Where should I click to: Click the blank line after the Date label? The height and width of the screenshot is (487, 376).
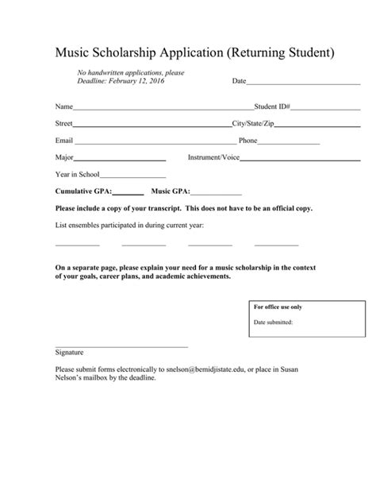[x=304, y=83]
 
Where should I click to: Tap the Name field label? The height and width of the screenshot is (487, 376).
[x=63, y=106]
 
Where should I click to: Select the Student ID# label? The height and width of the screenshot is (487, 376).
[x=272, y=106]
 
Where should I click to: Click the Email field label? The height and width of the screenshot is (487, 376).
[x=63, y=141]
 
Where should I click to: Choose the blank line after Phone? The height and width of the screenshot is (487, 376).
[x=290, y=142]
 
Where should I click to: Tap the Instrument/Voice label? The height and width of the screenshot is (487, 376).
[x=213, y=157]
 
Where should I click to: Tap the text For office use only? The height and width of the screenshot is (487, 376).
[x=278, y=307]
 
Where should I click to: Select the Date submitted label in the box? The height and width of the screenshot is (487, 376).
[x=273, y=323]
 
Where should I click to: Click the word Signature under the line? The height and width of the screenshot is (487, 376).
[x=69, y=352]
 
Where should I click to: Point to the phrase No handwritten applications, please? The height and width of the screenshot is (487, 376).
[x=130, y=73]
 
